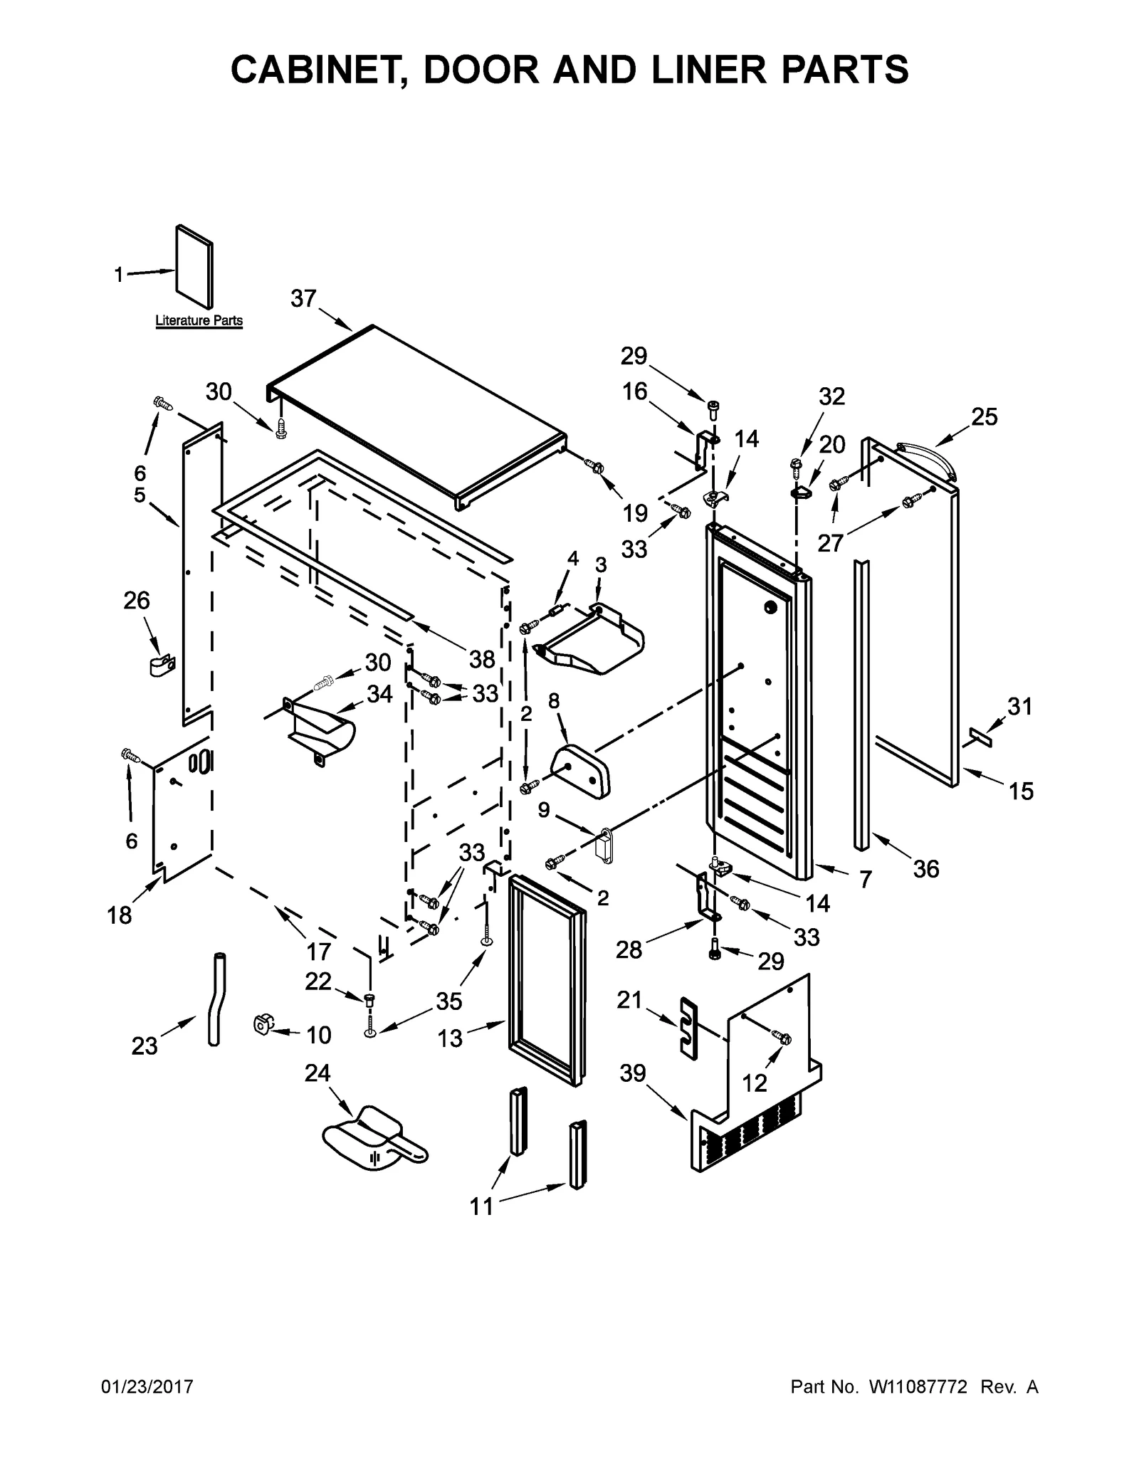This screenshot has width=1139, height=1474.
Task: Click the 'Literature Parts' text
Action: coord(199,321)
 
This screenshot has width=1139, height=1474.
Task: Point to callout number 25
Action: coord(985,417)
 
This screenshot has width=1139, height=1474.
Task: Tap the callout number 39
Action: coord(632,1073)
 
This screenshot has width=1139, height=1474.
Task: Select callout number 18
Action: coord(120,915)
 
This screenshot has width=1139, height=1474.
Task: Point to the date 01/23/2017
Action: coord(147,1387)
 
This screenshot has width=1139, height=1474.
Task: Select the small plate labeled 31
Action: coord(980,737)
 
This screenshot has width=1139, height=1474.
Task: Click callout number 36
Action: coord(926,868)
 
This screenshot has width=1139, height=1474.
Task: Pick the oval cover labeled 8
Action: coord(580,770)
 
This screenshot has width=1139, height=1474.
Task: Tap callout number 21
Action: coord(629,1001)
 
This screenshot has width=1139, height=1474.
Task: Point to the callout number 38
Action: coord(482,660)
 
